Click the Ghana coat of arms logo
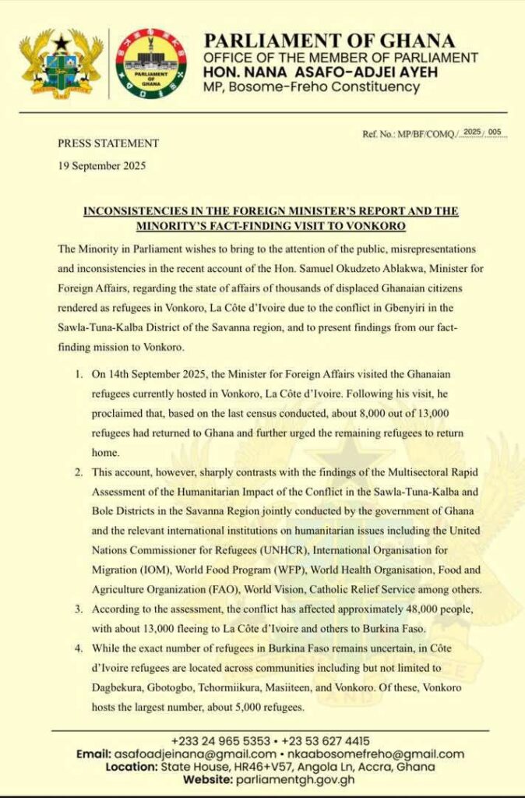click(61, 64)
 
